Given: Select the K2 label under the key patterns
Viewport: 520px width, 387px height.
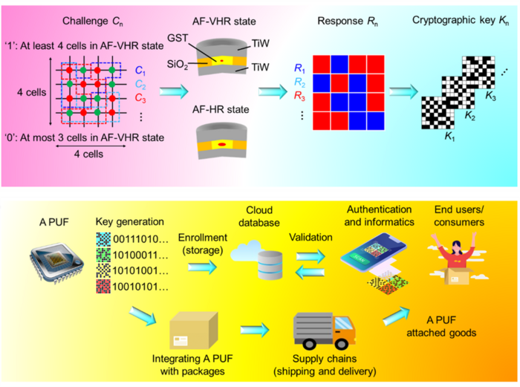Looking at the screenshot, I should (x=470, y=117).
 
